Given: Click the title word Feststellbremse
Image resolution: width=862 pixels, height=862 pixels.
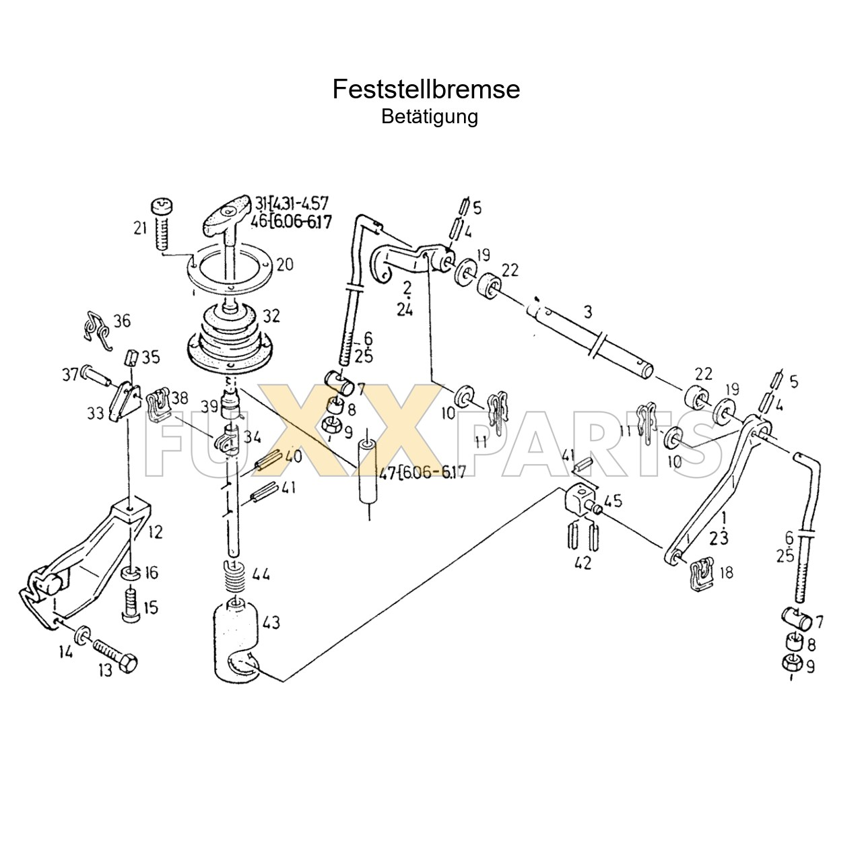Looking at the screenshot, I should point(426,90).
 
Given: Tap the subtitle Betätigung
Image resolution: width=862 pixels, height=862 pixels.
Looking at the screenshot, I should point(430,117).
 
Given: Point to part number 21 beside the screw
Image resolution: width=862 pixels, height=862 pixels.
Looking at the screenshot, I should point(140,228).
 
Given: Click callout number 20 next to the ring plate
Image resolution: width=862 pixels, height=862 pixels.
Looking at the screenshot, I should point(284,265).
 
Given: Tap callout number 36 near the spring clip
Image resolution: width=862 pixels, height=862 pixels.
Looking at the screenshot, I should point(123,321).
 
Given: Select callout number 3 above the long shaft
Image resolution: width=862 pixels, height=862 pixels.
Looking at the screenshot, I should point(588,312).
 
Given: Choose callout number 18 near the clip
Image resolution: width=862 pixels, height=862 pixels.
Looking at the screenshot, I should point(726,573).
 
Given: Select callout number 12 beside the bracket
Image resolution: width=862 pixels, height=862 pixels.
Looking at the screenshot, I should point(155,533).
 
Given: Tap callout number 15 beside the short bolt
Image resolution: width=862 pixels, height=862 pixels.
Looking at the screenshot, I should point(150,607).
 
